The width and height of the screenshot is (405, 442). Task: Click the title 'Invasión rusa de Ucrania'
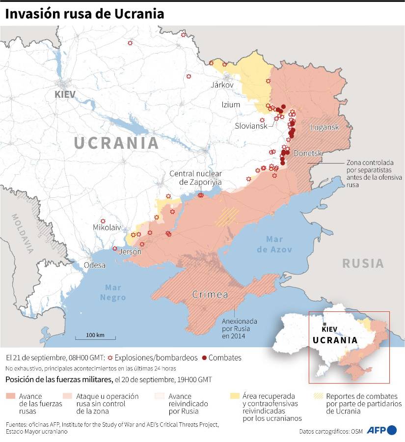(x=84, y=14)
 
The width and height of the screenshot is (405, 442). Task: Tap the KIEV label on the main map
(x=65, y=94)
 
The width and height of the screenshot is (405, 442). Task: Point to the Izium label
(x=230, y=105)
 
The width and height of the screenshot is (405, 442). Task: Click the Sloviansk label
(x=251, y=126)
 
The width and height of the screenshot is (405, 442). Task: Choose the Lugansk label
(x=324, y=127)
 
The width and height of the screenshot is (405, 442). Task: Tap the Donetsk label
(x=308, y=154)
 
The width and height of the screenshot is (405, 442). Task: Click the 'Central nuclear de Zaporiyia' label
(x=195, y=178)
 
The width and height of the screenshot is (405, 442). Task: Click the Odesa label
(x=95, y=265)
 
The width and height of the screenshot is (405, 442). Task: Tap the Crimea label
(x=210, y=295)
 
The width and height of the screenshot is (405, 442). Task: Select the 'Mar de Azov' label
(x=278, y=244)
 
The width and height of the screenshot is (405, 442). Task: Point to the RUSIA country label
(x=363, y=263)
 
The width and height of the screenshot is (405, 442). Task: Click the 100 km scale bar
(x=95, y=337)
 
